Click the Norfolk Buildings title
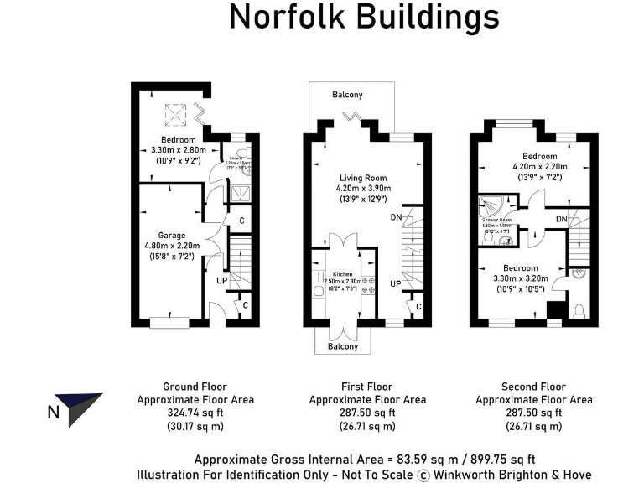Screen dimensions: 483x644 pos(364,18)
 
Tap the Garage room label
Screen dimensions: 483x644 pos(172,236)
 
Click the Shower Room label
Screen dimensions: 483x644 pos(496,220)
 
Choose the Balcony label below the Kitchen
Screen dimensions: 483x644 pos(344,346)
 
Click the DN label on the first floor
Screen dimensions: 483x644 pos(395,217)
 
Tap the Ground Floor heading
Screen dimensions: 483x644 pos(195,387)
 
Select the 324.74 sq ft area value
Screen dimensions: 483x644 pos(195,413)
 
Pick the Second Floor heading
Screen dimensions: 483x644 pos(533,387)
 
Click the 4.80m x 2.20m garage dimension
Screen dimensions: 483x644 pos(171,246)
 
